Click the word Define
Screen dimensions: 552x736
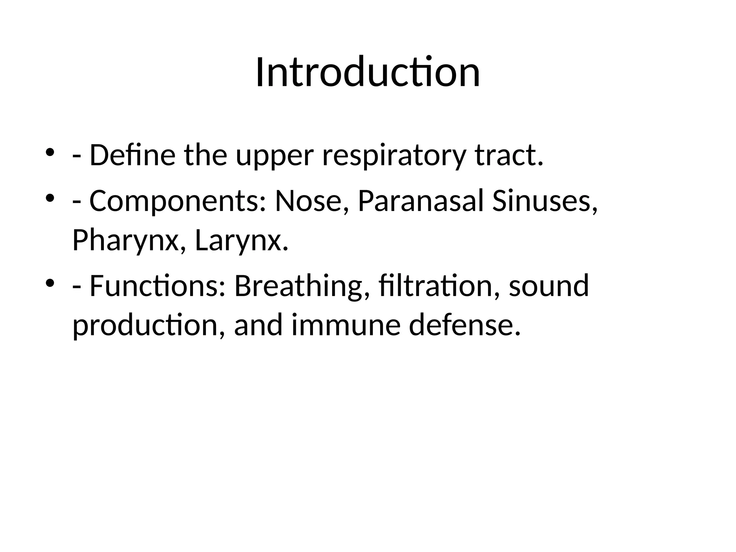coord(132,155)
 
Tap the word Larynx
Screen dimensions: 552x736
coord(241,241)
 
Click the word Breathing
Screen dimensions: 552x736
coord(302,286)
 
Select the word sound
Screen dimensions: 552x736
coord(549,286)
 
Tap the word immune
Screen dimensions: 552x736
coord(346,326)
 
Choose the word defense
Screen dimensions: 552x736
coord(465,326)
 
